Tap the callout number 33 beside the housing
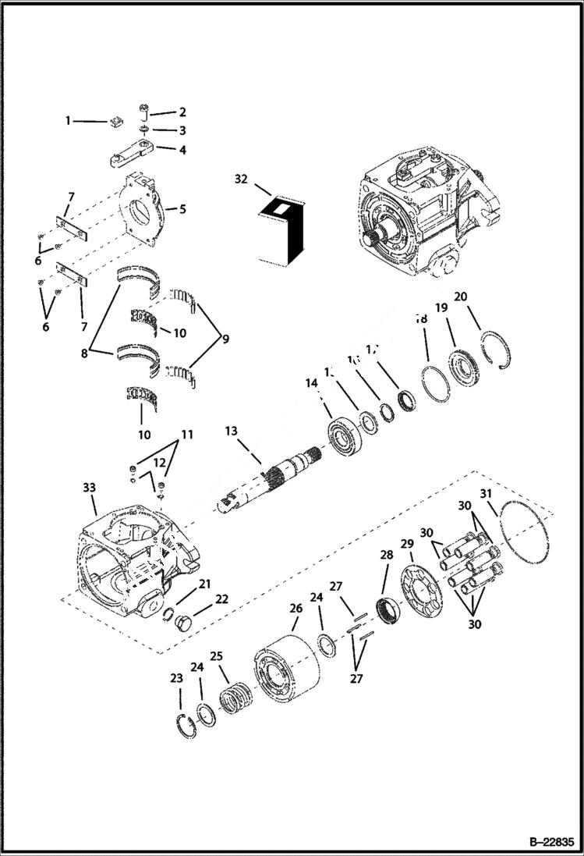coord(89,487)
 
